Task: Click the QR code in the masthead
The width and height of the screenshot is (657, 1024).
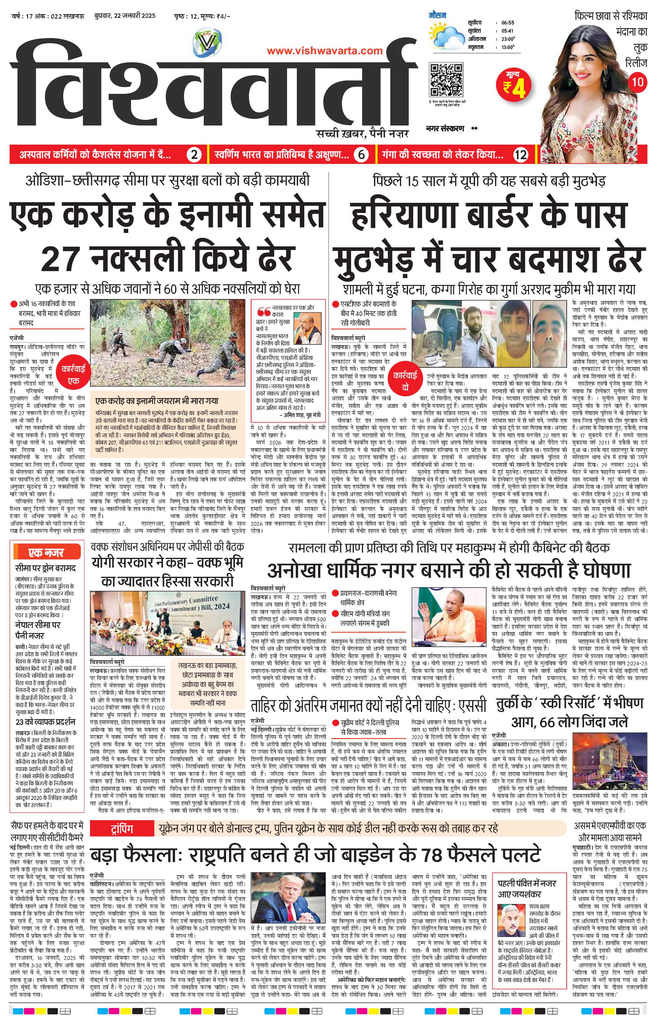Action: pyautogui.click(x=447, y=80)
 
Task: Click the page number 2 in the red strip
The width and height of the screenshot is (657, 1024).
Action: pyautogui.click(x=194, y=155)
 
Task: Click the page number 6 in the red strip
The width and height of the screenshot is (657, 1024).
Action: pyautogui.click(x=361, y=155)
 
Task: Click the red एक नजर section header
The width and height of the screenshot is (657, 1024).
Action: pyautogui.click(x=46, y=552)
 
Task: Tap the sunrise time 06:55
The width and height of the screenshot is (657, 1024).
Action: pyautogui.click(x=508, y=23)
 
